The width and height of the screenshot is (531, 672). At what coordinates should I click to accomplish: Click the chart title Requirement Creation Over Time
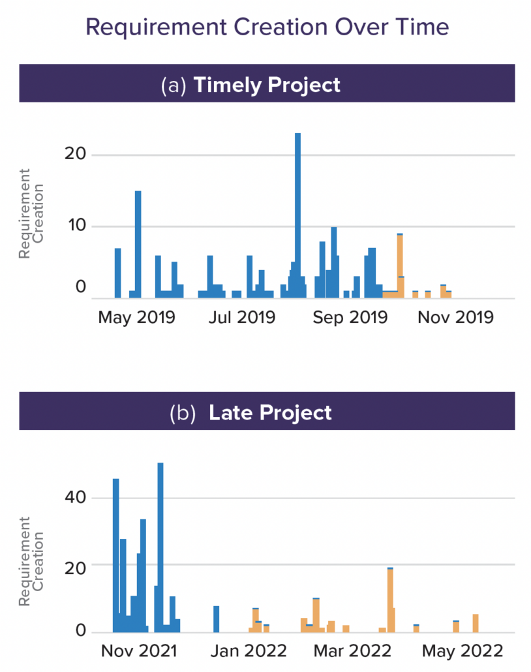(x=267, y=27)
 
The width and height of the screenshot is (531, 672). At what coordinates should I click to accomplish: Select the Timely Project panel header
(x=267, y=85)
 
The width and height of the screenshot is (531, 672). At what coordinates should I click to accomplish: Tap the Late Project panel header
(x=267, y=412)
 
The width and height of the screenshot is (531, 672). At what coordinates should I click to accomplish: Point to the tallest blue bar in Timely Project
(x=297, y=215)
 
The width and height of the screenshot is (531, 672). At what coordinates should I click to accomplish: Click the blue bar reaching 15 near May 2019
(x=138, y=245)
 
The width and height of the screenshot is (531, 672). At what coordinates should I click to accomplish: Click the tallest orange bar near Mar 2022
(x=390, y=600)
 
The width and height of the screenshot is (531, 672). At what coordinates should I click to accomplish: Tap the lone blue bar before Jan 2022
(x=217, y=619)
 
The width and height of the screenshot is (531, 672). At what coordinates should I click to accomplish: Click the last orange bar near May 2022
(x=476, y=623)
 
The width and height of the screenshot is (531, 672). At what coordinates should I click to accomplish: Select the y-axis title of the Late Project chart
(x=31, y=561)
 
